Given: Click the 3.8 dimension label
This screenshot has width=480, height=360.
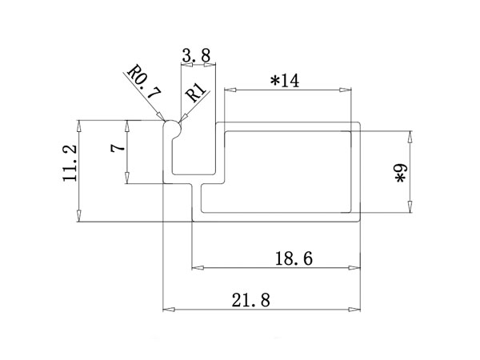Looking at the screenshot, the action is [196, 56].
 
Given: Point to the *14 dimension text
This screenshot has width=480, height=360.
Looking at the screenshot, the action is [284, 81].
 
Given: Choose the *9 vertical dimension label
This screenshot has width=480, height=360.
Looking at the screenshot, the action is [402, 174].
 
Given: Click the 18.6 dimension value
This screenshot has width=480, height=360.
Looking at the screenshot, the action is [294, 258].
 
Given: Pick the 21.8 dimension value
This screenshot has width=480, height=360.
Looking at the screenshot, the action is [251, 300].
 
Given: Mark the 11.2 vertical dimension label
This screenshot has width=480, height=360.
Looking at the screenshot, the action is [70, 163].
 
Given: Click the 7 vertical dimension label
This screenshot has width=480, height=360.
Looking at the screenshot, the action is [118, 148].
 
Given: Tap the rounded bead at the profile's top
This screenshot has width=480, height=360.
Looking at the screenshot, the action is [172, 126].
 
